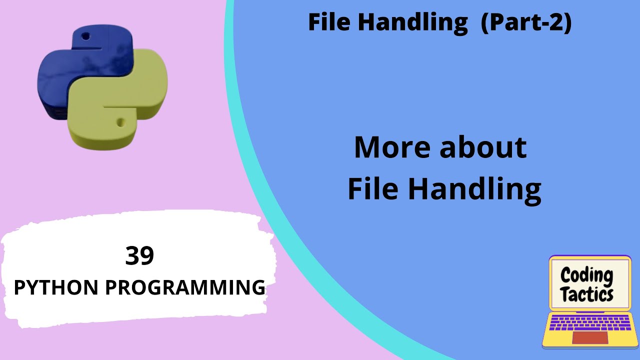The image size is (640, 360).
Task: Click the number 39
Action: (x=139, y=256)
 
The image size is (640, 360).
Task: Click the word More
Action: (x=391, y=148)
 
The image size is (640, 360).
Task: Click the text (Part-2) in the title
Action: (x=525, y=22)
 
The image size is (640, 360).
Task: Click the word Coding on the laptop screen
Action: (x=586, y=275)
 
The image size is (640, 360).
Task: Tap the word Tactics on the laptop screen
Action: (x=587, y=294)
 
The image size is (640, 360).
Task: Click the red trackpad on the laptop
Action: (x=590, y=337)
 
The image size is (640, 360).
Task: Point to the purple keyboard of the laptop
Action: (x=590, y=322)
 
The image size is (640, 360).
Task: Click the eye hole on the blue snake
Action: (x=85, y=36)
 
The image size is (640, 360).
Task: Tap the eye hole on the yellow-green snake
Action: (x=120, y=121)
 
